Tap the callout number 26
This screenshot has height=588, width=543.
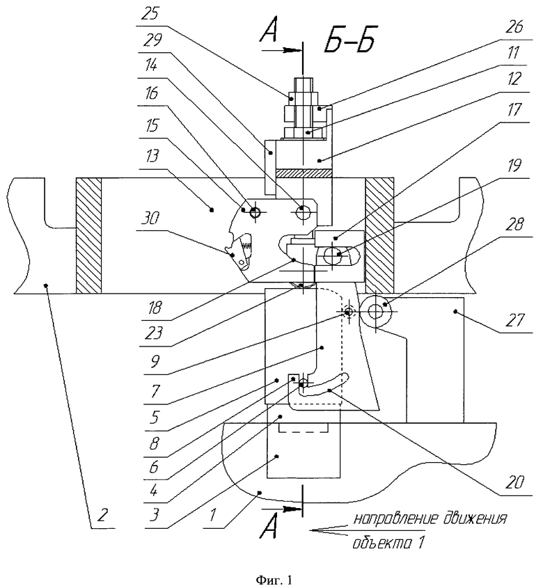click(514, 27)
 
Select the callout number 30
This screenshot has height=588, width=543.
click(150, 218)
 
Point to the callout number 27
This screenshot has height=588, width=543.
click(514, 321)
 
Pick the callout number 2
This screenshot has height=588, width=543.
click(102, 515)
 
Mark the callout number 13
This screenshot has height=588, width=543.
click(151, 157)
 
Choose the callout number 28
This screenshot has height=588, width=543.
click(515, 225)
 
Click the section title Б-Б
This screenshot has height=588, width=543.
click(349, 40)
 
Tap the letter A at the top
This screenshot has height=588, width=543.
click(270, 33)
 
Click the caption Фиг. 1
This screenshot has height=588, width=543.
click(274, 580)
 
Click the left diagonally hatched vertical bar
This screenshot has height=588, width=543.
click(88, 235)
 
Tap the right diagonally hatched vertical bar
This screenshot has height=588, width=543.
click(380, 235)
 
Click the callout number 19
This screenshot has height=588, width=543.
click(514, 166)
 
